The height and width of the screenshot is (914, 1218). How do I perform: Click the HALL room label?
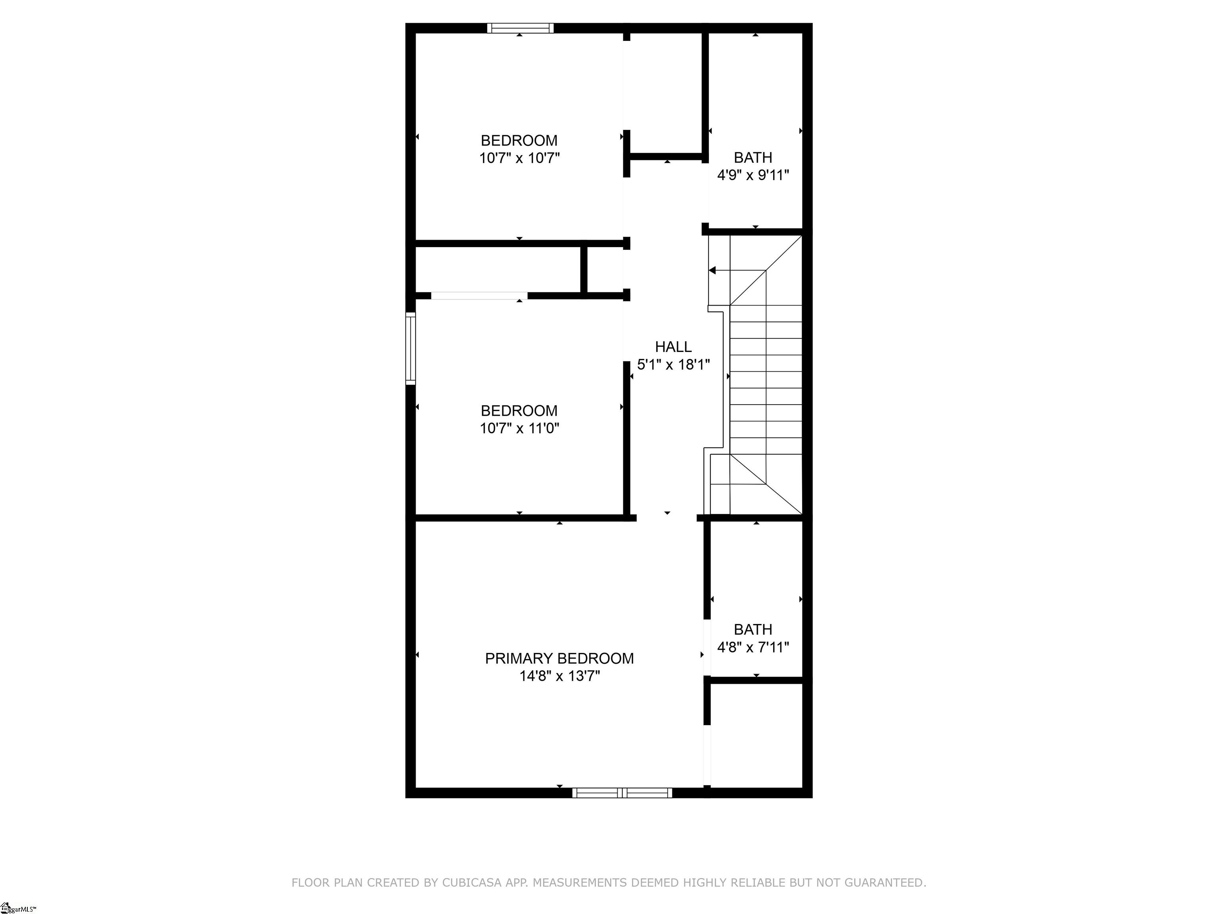(673, 347)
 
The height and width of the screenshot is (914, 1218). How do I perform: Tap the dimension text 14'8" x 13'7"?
(559, 676)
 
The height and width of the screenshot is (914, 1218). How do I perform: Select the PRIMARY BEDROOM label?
(559, 659)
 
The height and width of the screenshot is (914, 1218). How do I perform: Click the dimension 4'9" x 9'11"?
(753, 175)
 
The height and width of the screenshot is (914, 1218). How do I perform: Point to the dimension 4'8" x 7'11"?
(753, 647)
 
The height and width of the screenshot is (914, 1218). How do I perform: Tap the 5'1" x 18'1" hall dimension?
(673, 364)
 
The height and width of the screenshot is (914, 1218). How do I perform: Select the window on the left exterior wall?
(410, 348)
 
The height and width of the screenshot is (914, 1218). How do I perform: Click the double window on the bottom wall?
(622, 793)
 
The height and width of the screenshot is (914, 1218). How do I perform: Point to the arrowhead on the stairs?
(712, 271)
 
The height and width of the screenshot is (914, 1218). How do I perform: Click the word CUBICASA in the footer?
(472, 883)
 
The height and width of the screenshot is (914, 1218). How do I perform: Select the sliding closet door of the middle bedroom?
(479, 296)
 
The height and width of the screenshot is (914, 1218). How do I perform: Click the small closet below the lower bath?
(756, 735)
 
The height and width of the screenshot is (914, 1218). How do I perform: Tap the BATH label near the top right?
(753, 157)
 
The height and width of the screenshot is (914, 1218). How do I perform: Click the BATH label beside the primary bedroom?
(753, 629)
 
